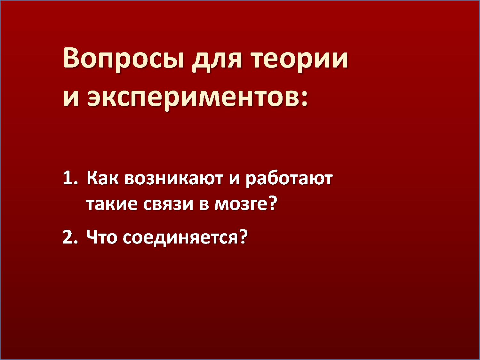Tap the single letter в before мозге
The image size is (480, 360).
[204, 204]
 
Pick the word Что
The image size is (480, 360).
[102, 237]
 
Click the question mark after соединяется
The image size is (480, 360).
[244, 236]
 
